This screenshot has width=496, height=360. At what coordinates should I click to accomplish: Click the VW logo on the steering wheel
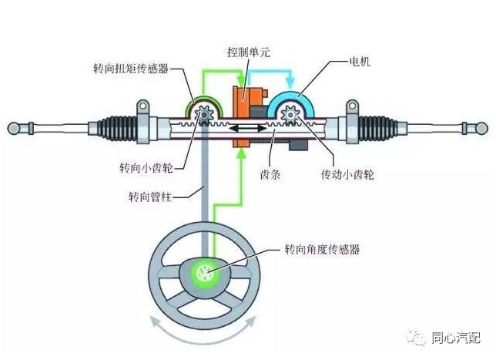coord(205,273)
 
